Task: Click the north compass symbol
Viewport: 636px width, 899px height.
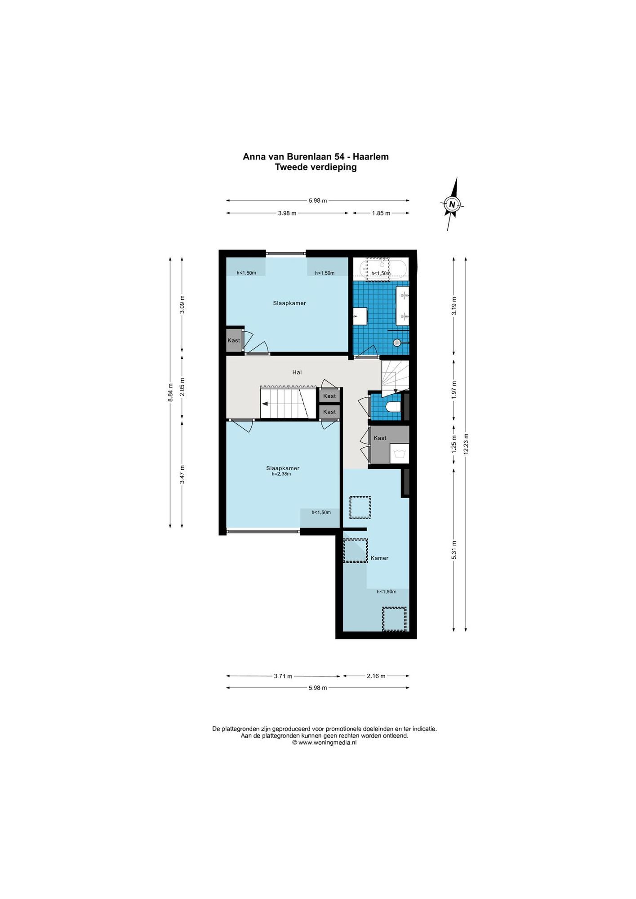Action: [x=452, y=204]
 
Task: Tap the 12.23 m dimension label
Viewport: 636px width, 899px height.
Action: [x=466, y=444]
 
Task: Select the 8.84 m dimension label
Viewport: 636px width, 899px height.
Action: [x=170, y=392]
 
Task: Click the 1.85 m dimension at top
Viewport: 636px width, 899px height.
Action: [x=381, y=213]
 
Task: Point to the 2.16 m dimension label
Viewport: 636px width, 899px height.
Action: [x=376, y=676]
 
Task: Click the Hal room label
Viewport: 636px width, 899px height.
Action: [x=297, y=372]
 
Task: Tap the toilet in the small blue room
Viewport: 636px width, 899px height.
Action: [x=393, y=407]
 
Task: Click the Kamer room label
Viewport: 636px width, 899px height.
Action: [x=379, y=558]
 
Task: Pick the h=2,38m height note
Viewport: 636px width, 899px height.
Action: [x=281, y=474]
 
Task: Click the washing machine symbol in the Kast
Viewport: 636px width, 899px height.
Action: [x=399, y=454]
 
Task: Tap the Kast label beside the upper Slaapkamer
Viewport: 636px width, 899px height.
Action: [x=234, y=340]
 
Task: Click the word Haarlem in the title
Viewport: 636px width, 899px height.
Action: [x=371, y=156]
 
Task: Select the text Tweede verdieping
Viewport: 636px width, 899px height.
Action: [x=316, y=167]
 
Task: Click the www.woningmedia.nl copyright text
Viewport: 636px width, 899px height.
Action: [x=325, y=743]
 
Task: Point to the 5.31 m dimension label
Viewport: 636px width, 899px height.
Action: [x=454, y=550]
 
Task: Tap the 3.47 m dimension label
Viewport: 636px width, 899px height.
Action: [x=182, y=474]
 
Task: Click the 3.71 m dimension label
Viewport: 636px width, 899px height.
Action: [x=283, y=676]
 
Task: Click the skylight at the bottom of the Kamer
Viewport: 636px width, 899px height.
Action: [x=394, y=619]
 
